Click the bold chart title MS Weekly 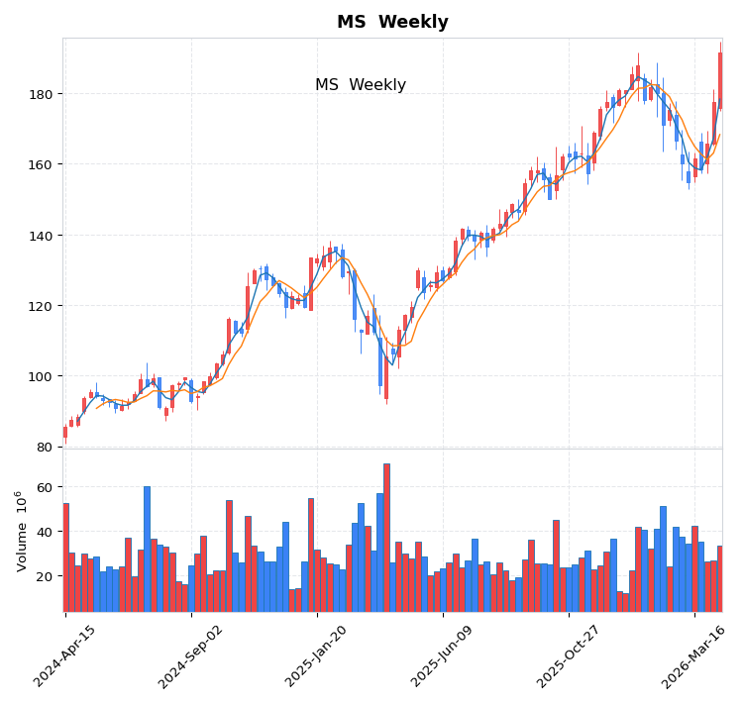tap(392, 22)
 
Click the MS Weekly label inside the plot tap(361, 85)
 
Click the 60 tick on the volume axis tap(45, 487)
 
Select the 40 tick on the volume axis tap(45, 532)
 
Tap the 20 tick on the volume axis tap(45, 576)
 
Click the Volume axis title tap(21, 531)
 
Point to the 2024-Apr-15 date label tap(66, 655)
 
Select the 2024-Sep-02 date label tap(191, 655)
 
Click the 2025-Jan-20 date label tap(317, 655)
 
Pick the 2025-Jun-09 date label tap(443, 655)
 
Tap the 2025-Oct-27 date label tap(569, 655)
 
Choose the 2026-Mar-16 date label tap(694, 655)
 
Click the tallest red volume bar tap(386, 538)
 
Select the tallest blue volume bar tap(147, 549)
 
